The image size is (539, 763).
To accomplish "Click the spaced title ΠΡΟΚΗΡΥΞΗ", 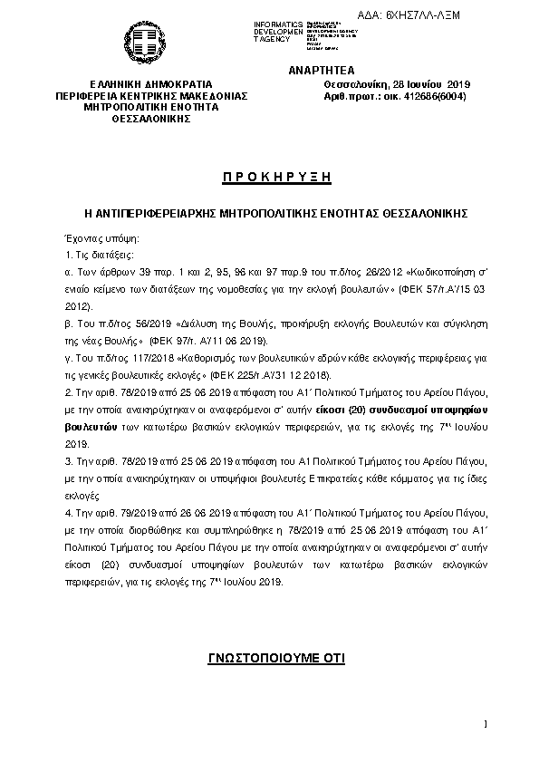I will pyautogui.click(x=270, y=176).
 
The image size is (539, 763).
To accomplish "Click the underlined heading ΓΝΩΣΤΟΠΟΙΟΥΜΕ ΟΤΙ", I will pyautogui.click(x=270, y=658).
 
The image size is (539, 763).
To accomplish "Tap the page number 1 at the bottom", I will pyautogui.click(x=486, y=724).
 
